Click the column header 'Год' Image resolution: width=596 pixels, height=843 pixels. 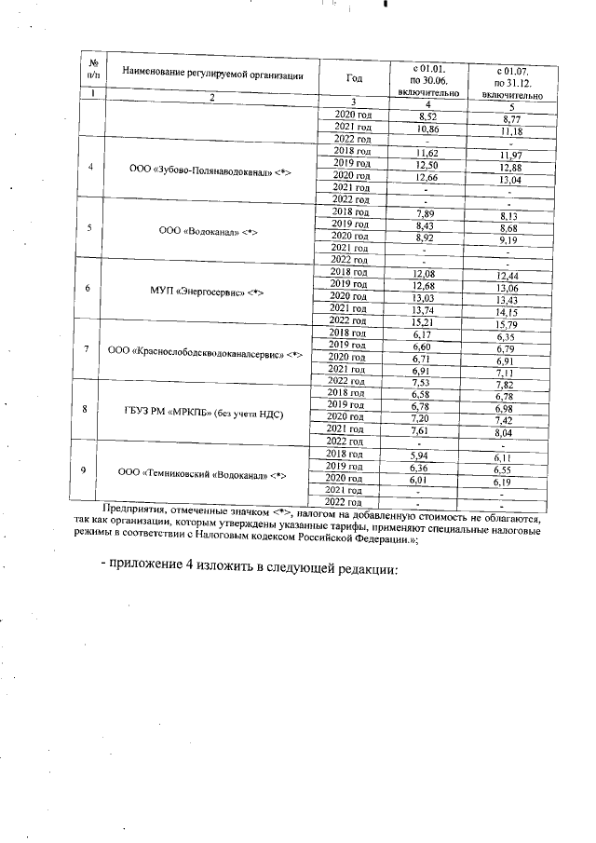[x=354, y=77]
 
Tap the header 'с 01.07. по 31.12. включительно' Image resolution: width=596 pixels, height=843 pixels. [x=511, y=81]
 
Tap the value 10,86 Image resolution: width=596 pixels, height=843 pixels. [x=427, y=128]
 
